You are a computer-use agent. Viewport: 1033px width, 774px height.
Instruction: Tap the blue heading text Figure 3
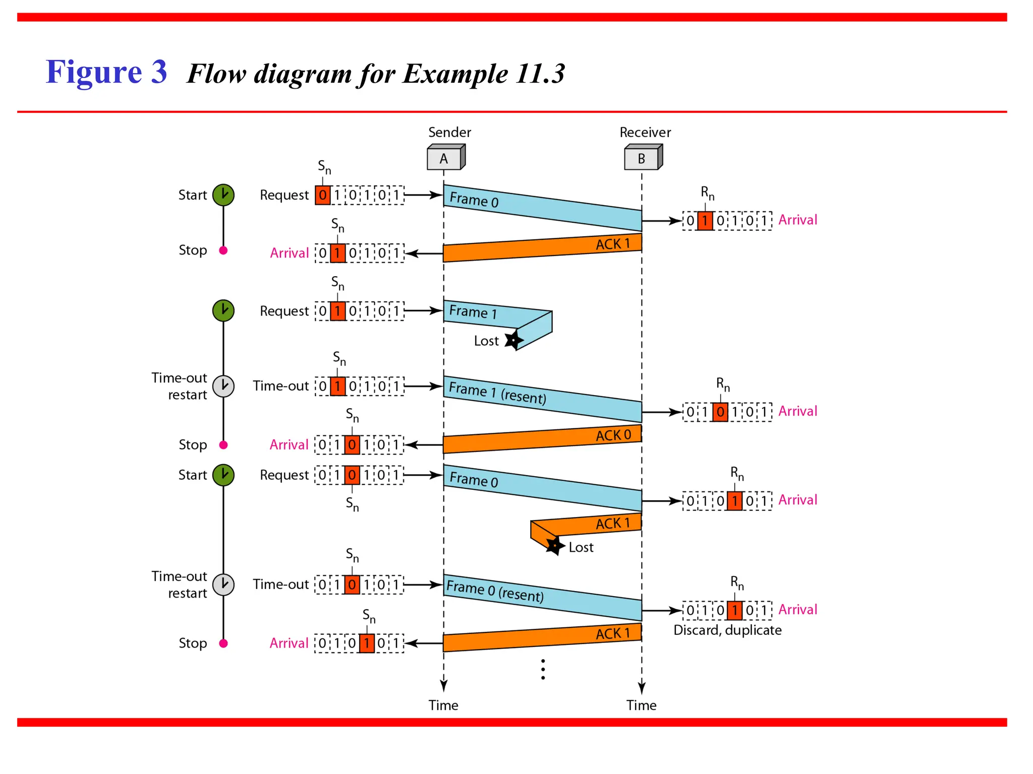click(106, 72)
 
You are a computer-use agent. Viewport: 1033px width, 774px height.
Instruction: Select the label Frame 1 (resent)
click(497, 393)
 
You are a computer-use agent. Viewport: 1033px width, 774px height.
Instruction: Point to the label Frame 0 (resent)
click(495, 591)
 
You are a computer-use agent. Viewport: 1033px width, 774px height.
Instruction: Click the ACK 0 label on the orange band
click(613, 435)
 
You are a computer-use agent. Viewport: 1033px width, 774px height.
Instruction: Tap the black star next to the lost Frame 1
click(513, 340)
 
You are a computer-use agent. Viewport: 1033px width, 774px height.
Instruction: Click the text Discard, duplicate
click(727, 630)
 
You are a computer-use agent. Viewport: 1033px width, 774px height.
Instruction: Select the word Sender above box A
click(449, 133)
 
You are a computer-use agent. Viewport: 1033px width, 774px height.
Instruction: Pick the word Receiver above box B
click(645, 133)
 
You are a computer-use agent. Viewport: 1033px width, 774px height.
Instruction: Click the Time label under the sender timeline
click(443, 705)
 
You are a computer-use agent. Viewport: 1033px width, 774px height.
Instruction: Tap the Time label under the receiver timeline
click(641, 705)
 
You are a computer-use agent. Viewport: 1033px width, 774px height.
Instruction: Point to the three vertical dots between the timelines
click(543, 669)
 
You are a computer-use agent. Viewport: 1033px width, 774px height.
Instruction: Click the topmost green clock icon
click(223, 195)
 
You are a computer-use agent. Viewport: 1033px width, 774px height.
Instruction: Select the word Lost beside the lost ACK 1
click(581, 547)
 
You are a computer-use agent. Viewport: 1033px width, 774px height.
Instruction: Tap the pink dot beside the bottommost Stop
click(223, 643)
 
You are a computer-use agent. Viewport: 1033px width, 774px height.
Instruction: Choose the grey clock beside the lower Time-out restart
click(223, 585)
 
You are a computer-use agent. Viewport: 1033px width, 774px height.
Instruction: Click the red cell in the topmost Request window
click(323, 195)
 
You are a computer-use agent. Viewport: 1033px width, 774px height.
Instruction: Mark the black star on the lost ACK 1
click(554, 546)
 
